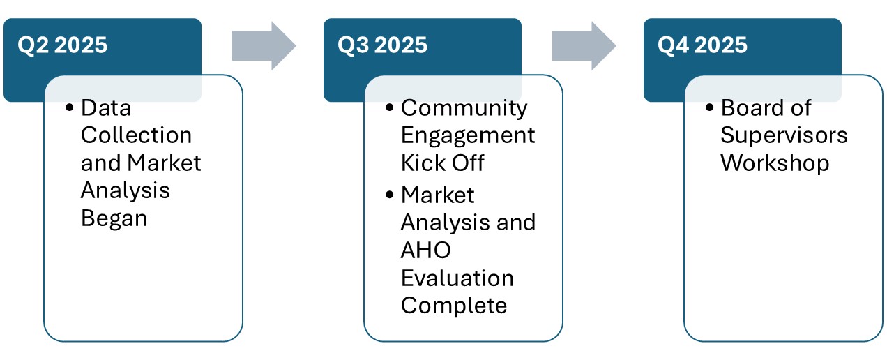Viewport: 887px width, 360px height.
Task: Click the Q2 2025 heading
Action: coord(63,45)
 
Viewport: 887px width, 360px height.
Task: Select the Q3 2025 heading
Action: coord(383,45)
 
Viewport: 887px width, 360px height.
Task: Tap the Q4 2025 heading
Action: coord(702,45)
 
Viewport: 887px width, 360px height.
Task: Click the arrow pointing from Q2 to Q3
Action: coord(264,46)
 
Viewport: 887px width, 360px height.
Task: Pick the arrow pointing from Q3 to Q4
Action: coord(584,46)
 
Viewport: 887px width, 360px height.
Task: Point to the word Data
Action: coord(106,108)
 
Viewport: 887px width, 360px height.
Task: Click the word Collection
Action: coord(136,135)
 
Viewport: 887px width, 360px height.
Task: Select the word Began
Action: coord(114,218)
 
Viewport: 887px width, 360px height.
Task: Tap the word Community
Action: coord(464,108)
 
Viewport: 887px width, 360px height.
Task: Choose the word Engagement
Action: coord(468,135)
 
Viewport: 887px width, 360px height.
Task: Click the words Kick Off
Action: coord(442,163)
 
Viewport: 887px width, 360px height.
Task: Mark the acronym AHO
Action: coord(425,250)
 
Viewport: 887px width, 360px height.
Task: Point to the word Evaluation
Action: coord(457,278)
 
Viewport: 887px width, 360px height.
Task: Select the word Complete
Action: coord(454,306)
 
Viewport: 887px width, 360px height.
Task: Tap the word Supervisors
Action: coord(784,135)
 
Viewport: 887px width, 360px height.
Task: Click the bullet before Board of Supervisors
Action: coord(710,108)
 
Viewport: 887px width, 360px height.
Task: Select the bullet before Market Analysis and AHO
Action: coord(390,195)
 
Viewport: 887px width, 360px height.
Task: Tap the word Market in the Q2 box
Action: coord(165,163)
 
